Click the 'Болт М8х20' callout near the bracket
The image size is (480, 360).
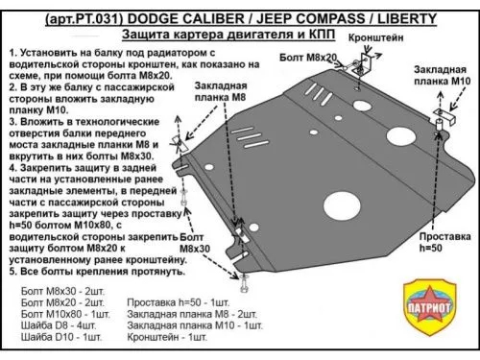click(x=300, y=57)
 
